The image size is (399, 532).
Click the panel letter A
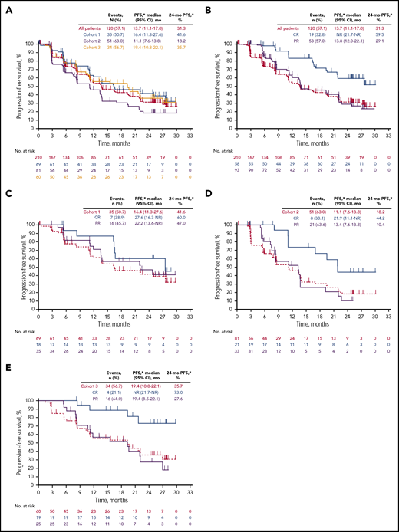click(5, 7)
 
